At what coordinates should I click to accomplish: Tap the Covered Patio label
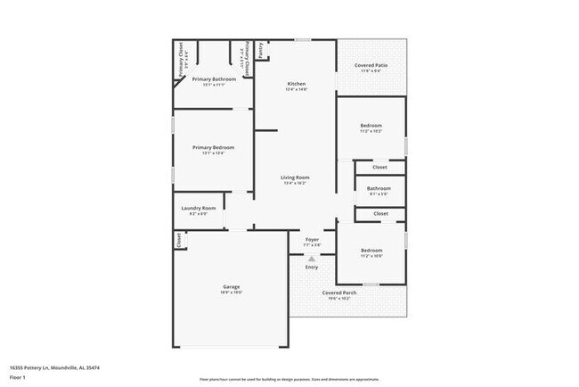[x=370, y=66]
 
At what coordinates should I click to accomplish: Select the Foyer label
[x=312, y=240]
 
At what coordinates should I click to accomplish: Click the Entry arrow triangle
[x=312, y=258]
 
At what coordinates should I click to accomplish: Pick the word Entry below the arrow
[x=312, y=267]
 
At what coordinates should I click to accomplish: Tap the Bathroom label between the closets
[x=379, y=187]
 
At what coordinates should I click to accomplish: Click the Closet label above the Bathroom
[x=380, y=167]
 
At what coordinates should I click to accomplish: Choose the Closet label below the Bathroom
[x=380, y=213]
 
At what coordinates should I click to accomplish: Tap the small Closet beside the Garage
[x=178, y=239]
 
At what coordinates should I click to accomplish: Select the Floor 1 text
[x=18, y=377]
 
